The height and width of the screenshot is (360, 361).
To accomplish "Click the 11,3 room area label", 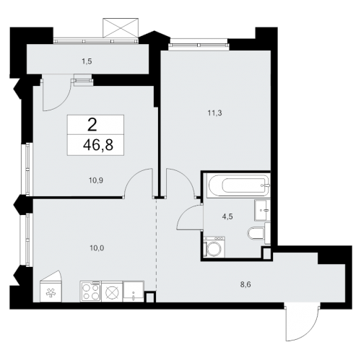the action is click(214, 113).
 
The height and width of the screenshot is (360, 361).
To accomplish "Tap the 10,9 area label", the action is click(96, 180).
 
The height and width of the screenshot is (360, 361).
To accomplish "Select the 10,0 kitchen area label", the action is click(97, 248).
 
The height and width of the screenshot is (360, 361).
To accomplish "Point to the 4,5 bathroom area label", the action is click(227, 217).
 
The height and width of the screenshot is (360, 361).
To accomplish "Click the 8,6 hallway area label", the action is click(245, 285).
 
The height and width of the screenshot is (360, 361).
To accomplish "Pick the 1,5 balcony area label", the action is click(87, 61).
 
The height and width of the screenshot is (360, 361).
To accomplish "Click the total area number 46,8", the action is click(98, 145).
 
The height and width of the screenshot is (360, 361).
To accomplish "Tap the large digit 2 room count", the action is click(92, 125).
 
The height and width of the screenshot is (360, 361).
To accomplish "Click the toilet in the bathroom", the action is click(256, 234).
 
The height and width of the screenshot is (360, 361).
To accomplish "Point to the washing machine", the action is click(214, 247).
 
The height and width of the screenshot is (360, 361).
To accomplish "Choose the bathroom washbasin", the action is click(262, 210).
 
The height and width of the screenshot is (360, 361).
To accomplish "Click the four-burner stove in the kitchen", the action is click(91, 291).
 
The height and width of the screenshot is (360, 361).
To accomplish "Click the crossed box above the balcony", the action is click(121, 28).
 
